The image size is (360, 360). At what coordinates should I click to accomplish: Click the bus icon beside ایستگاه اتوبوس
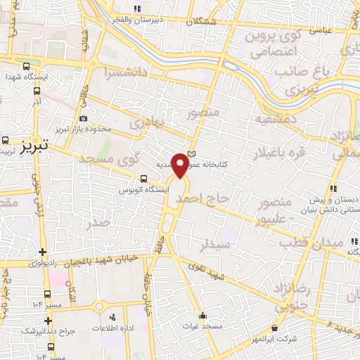[x=143, y=179]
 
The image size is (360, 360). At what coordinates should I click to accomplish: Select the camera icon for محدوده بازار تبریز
[x=84, y=119]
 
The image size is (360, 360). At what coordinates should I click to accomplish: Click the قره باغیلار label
[x=283, y=151]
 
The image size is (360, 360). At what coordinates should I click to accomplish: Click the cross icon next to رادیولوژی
[x=43, y=252]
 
